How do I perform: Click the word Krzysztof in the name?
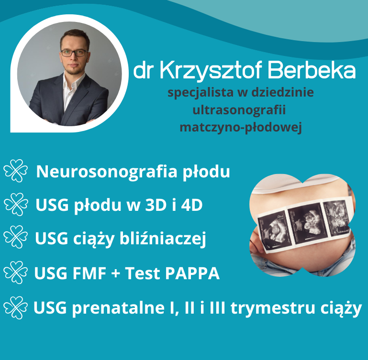(x=211, y=71)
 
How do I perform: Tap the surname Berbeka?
(x=312, y=70)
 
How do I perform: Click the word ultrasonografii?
(x=239, y=110)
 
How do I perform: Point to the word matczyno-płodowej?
(x=241, y=128)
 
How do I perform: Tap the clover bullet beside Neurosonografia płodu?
(x=16, y=171)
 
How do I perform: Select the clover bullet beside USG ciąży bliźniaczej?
(x=16, y=237)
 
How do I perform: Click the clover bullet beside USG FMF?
(x=16, y=273)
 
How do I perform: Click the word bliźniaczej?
(x=163, y=239)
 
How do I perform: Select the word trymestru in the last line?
(x=273, y=308)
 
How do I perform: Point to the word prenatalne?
(x=119, y=308)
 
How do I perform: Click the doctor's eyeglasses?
(x=75, y=53)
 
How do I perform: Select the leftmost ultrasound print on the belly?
(x=274, y=231)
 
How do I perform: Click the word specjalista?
(x=201, y=92)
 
